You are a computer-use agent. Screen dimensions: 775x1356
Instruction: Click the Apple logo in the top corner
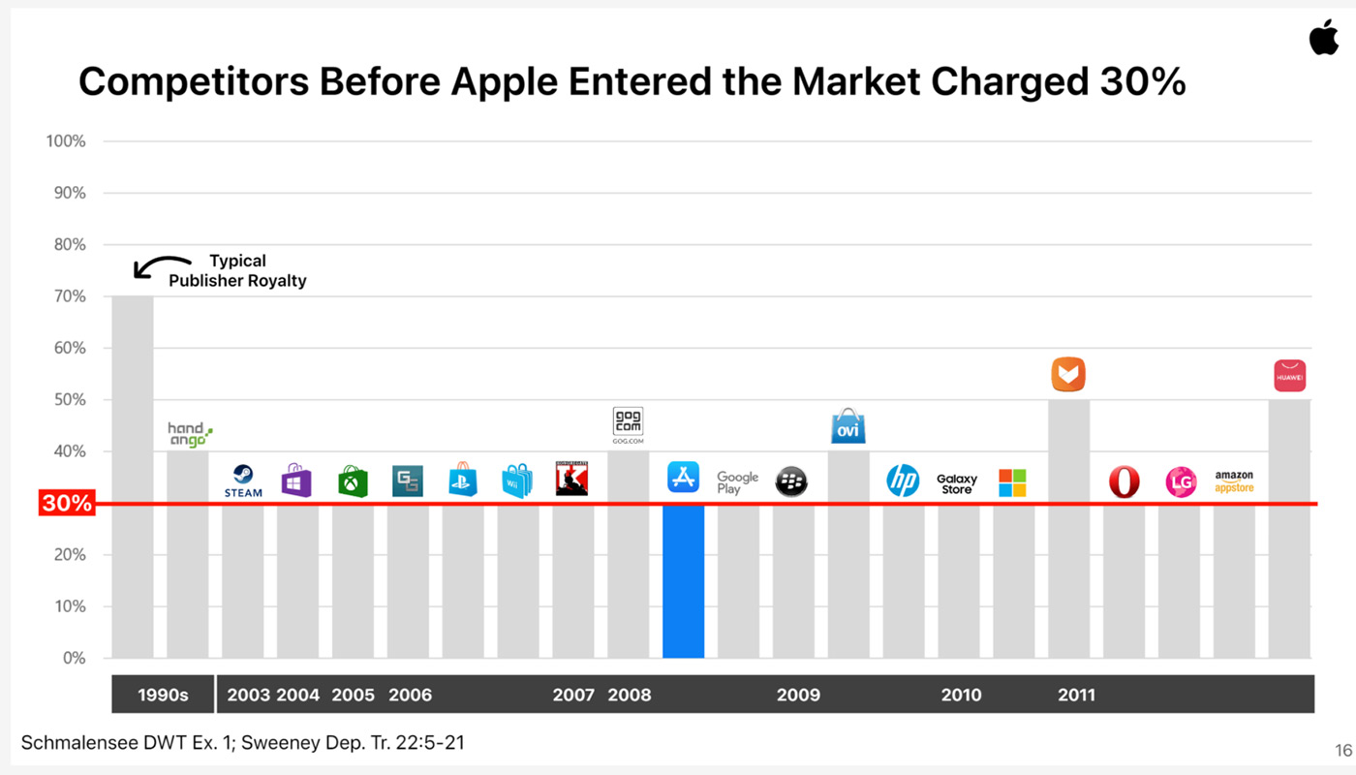1323,37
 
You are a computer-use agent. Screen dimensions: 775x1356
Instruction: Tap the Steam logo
243,480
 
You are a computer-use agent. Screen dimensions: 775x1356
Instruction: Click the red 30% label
66,504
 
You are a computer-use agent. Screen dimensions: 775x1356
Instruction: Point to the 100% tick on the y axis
66,141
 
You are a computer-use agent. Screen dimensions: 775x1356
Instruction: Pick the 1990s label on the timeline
163,695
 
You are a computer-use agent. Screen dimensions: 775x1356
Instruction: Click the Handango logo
189,434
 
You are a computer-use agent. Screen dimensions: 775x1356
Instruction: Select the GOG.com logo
628,424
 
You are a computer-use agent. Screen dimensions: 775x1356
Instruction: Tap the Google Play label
737,481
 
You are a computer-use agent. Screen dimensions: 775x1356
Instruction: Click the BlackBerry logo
791,481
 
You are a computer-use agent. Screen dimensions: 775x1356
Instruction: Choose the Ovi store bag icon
847,426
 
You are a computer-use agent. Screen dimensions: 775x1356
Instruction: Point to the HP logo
903,480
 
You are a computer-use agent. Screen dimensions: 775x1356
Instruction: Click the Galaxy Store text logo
957,483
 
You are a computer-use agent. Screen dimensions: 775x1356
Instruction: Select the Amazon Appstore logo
1234,481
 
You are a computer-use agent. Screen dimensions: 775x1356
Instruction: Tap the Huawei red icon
1289,375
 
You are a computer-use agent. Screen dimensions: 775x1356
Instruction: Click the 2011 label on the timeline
1076,695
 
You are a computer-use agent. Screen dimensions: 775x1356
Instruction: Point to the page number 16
1342,750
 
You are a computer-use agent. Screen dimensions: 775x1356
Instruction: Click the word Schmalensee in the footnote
77,743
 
